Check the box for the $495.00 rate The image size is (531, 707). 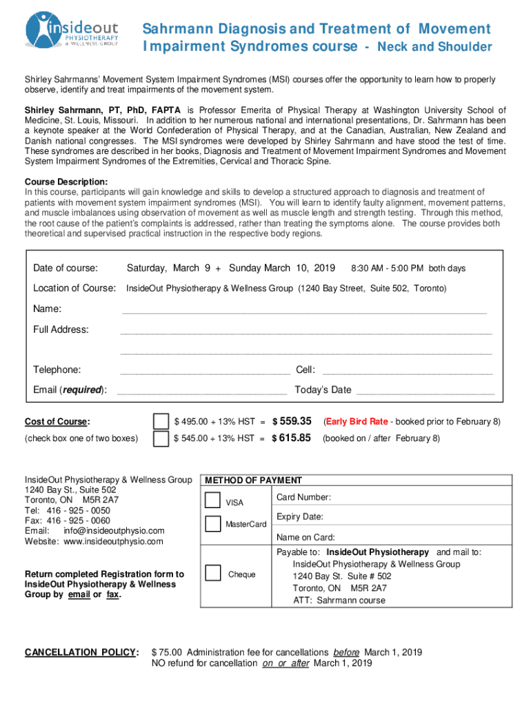coord(161,421)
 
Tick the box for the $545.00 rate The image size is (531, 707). coord(161,438)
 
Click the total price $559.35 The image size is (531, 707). coord(293,421)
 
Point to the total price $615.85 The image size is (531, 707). coord(293,438)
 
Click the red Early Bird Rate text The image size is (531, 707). coord(357,421)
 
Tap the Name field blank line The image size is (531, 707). coord(303,311)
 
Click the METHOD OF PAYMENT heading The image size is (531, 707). coord(253,481)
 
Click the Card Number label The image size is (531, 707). coord(303,497)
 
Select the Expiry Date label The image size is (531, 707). coord(300,516)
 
